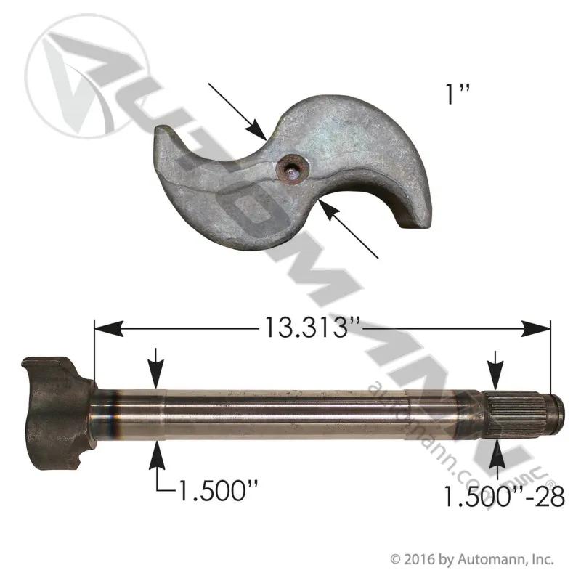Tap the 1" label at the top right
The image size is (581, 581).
coord(458,94)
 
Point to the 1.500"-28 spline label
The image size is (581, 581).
coord(503,496)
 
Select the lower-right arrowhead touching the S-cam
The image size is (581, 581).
coord(331,210)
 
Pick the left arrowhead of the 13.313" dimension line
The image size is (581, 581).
coord(108,328)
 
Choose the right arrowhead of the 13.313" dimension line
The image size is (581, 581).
coord(536,328)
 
